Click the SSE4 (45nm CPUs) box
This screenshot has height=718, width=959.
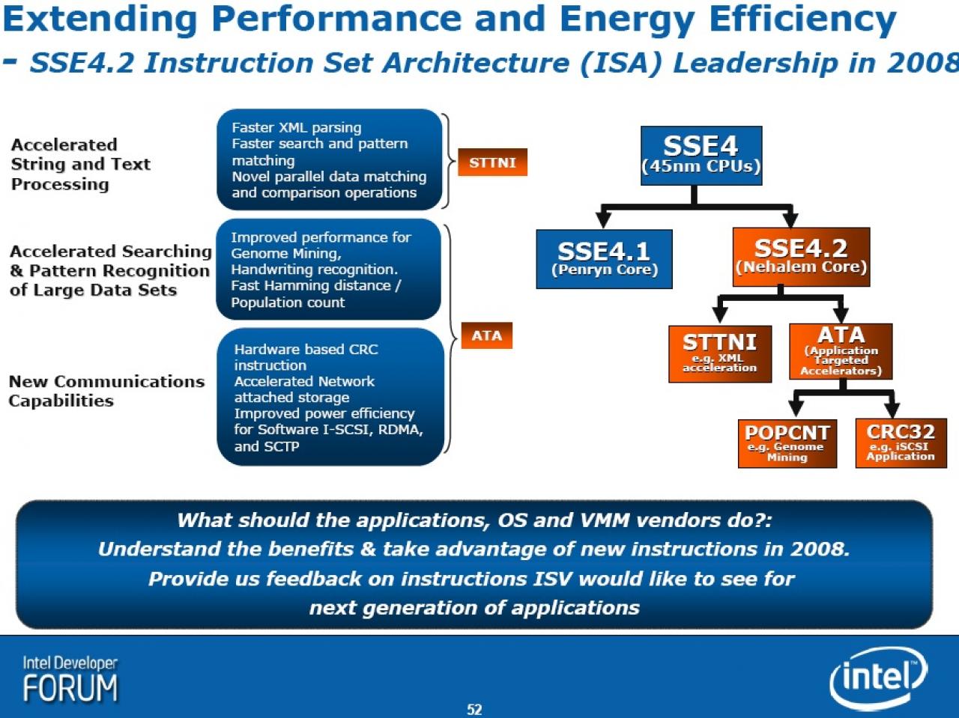coord(701,156)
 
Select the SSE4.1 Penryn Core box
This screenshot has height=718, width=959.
coord(604,259)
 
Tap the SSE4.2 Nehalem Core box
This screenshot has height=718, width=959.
coord(801,257)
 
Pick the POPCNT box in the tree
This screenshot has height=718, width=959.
coord(787,444)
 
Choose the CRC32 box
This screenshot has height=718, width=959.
coord(901,443)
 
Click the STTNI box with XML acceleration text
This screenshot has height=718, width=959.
coord(720,354)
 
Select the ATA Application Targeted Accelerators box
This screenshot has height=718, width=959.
coord(841,351)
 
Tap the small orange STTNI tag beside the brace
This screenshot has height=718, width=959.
coord(492,162)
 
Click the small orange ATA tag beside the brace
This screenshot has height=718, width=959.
coord(487,335)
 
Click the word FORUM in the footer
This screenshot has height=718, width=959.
coord(70,688)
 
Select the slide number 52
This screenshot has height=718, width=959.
coord(474,709)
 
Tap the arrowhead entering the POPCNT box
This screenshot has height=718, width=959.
coord(796,410)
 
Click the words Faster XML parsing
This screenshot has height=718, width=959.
coord(297,128)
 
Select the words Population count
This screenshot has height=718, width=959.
coord(288,302)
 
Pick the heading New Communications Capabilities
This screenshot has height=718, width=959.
coord(106,391)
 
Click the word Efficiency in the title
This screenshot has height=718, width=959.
coord(803,20)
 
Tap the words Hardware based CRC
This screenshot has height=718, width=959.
coord(306,349)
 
